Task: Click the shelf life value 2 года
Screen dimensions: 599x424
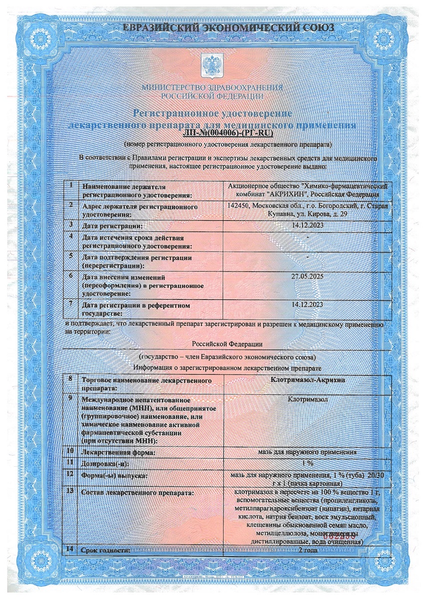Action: click(x=307, y=550)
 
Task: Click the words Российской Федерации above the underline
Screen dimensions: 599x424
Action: click(x=228, y=344)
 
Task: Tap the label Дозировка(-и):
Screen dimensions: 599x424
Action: click(x=105, y=464)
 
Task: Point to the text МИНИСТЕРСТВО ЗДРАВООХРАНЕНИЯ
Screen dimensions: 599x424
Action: click(x=212, y=87)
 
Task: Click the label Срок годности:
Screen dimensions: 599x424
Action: click(x=106, y=550)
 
